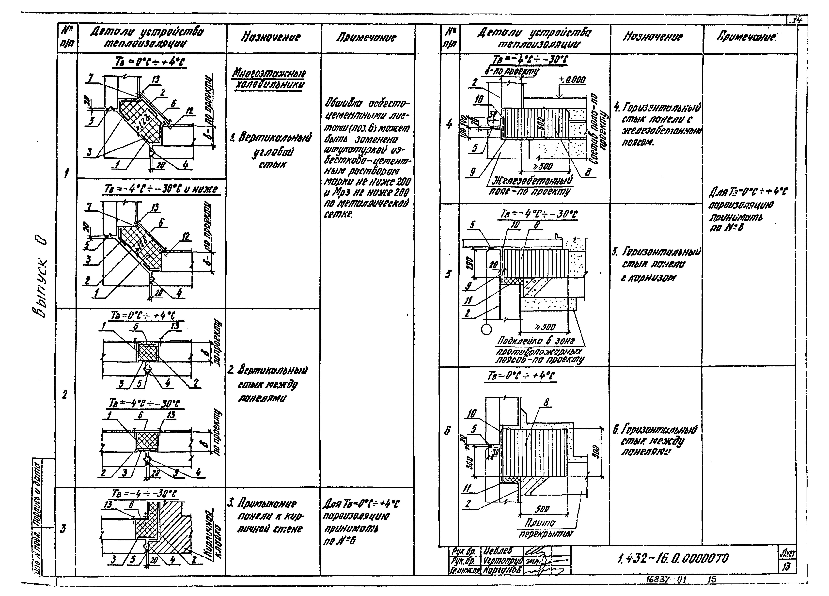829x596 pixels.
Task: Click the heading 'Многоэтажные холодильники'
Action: coord(269,78)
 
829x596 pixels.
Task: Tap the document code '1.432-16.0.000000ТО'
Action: coord(673,558)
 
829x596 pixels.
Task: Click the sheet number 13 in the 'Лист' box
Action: coord(786,566)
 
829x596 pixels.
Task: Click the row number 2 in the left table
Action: coord(65,395)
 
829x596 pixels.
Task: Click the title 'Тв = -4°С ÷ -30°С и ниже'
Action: coord(161,189)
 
